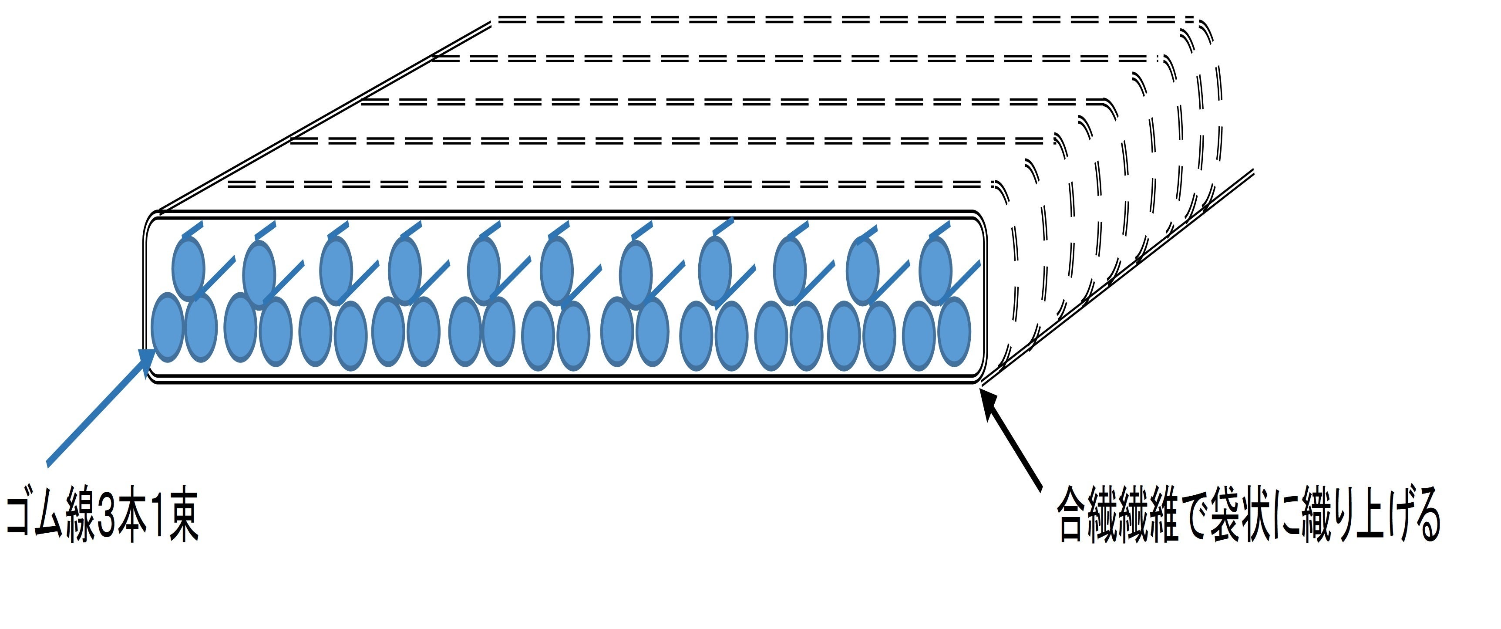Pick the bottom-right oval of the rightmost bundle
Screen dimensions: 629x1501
(954, 331)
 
